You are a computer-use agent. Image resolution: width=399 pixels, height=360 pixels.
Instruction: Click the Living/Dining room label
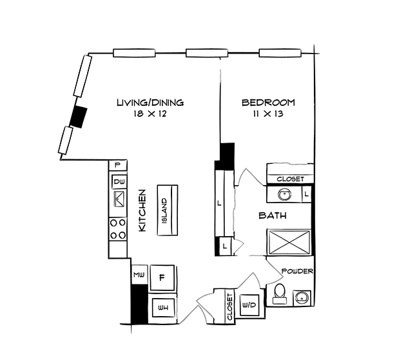[x=150, y=102]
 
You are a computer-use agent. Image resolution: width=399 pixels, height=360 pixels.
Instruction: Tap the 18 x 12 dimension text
[x=150, y=114]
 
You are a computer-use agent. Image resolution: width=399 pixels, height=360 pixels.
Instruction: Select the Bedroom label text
[x=268, y=102]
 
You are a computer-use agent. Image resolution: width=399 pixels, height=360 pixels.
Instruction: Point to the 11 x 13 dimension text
[x=268, y=114]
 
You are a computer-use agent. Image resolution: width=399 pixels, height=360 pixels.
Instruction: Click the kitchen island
[x=166, y=210]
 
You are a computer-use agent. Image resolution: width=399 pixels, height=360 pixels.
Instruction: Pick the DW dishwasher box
[x=119, y=182]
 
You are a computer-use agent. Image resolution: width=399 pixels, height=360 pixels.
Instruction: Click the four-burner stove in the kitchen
[x=118, y=228]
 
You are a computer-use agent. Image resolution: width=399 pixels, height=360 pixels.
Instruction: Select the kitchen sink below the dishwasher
[x=119, y=201]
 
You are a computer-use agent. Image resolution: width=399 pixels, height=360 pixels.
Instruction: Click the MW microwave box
[x=139, y=275]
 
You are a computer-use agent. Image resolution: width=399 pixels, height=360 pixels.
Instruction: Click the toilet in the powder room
[x=279, y=294]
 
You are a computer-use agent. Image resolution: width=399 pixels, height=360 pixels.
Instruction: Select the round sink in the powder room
[x=302, y=297]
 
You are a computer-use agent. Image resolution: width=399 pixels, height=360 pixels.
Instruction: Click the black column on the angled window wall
[x=78, y=116]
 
